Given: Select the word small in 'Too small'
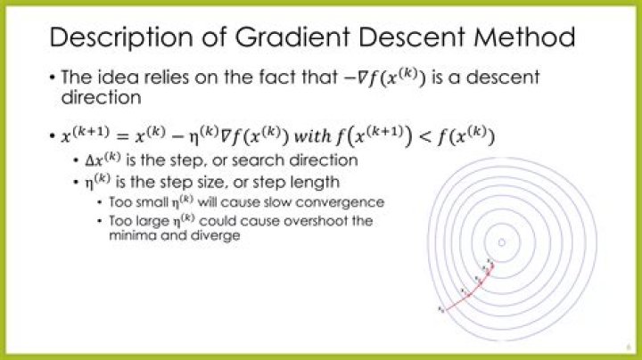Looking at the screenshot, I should [145, 202].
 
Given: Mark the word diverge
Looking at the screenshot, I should [219, 236].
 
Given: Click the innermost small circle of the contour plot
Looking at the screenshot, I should [502, 242].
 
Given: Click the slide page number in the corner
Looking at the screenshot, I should [629, 350].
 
